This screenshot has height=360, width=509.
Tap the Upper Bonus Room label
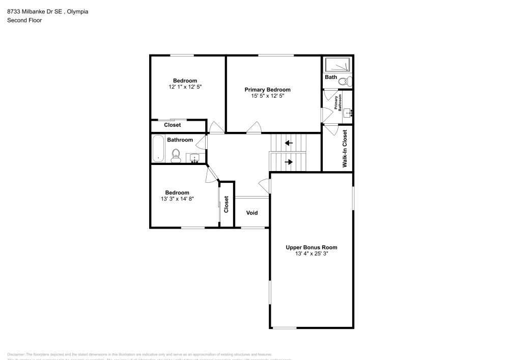(311, 247)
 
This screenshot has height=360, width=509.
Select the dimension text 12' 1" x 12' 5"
(185, 87)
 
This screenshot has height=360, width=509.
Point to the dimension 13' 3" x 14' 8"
(177, 199)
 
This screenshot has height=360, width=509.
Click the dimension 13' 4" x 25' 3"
(311, 254)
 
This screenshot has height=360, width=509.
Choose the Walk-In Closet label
(345, 149)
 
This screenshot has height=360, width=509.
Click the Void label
(252, 213)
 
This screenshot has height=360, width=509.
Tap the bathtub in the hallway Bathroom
(158, 149)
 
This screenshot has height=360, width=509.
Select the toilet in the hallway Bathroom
(176, 155)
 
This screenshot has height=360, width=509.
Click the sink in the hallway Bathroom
(194, 158)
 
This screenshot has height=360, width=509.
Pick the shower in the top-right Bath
(338, 65)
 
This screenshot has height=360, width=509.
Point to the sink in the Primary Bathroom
(348, 113)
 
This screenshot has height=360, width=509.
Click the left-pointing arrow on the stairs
(289, 143)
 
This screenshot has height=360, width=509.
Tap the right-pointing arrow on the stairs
(289, 162)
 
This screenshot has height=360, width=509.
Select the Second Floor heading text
(24, 20)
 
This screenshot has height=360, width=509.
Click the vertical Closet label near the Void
(227, 204)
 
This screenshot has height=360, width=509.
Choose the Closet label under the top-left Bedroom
(172, 125)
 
